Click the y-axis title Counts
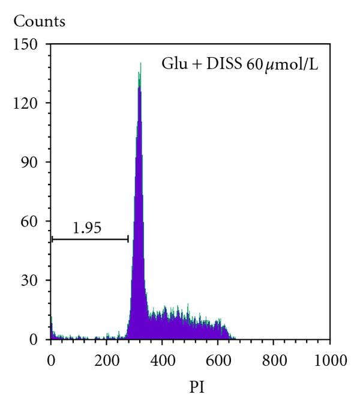pos(40,22)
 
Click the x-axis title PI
pos(190,389)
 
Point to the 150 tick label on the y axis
pos(28,44)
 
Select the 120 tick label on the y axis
pos(28,103)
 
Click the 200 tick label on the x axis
pos(106,361)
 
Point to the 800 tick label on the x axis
pos(274,361)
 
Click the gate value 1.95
pos(86,228)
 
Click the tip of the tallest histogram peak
pos(140,62)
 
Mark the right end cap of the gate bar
pos(128,239)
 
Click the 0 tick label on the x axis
pos(51,361)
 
